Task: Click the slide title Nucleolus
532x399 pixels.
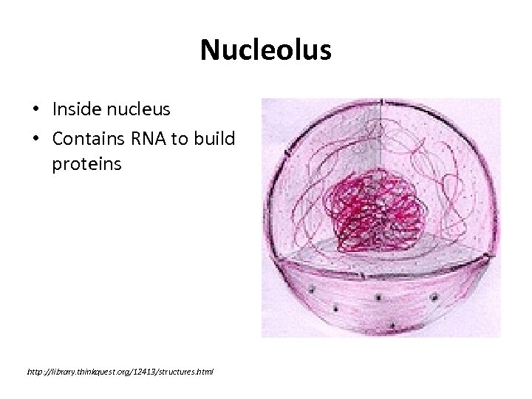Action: click(x=266, y=50)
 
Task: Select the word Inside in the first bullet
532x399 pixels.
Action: click(x=74, y=110)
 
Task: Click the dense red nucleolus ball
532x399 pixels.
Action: click(x=376, y=210)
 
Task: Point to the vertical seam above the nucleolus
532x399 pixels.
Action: click(x=380, y=140)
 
